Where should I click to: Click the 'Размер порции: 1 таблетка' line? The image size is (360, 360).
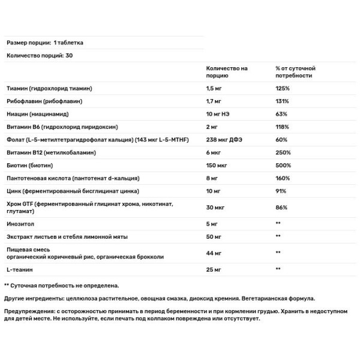coord(44,43)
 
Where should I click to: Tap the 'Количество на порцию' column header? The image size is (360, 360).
coord(226,72)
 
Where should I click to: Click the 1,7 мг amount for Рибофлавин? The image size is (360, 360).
coord(214,101)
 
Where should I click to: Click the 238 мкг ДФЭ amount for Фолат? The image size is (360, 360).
coord(226,140)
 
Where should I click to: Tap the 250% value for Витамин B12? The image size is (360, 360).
coord(283,152)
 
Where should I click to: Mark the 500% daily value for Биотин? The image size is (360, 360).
coord(283,166)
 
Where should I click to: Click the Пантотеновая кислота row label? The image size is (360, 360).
coord(72,179)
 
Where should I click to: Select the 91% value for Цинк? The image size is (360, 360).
coord(280,191)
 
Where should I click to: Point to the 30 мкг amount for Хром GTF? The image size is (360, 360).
coord(215,208)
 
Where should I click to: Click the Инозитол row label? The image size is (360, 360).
coord(19,223)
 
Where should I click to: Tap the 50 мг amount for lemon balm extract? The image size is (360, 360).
coord(214,236)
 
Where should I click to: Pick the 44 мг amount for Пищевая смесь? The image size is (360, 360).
coord(214,253)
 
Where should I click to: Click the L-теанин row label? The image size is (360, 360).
coord(19,269)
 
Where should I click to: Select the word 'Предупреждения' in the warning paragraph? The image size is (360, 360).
coord(31,311)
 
